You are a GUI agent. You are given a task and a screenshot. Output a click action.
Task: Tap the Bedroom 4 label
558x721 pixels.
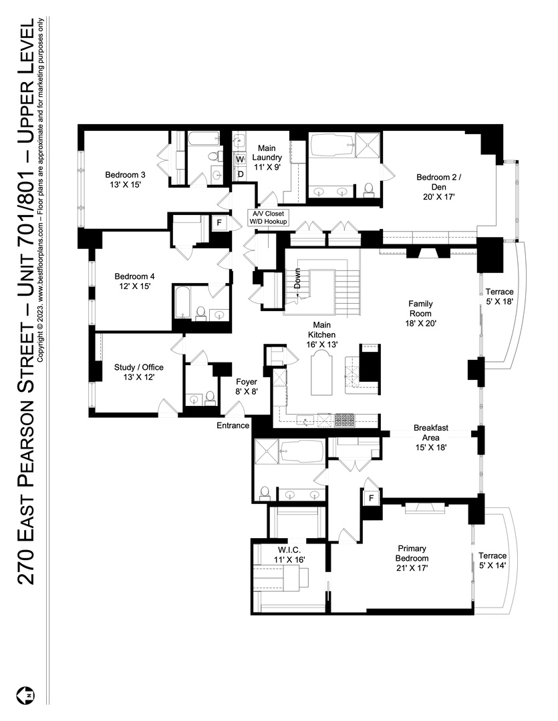(x=133, y=281)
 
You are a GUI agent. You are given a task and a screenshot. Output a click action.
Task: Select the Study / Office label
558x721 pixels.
(x=138, y=372)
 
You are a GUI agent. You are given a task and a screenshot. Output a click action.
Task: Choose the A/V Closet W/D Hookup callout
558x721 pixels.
(x=268, y=218)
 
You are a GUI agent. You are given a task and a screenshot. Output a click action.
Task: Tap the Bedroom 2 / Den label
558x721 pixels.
(x=438, y=187)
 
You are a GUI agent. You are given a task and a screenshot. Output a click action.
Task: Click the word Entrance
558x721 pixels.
(x=233, y=425)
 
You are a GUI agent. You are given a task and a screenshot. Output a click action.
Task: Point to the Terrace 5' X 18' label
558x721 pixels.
(x=499, y=296)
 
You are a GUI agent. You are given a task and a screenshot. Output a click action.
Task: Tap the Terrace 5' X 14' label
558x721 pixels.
(x=493, y=560)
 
